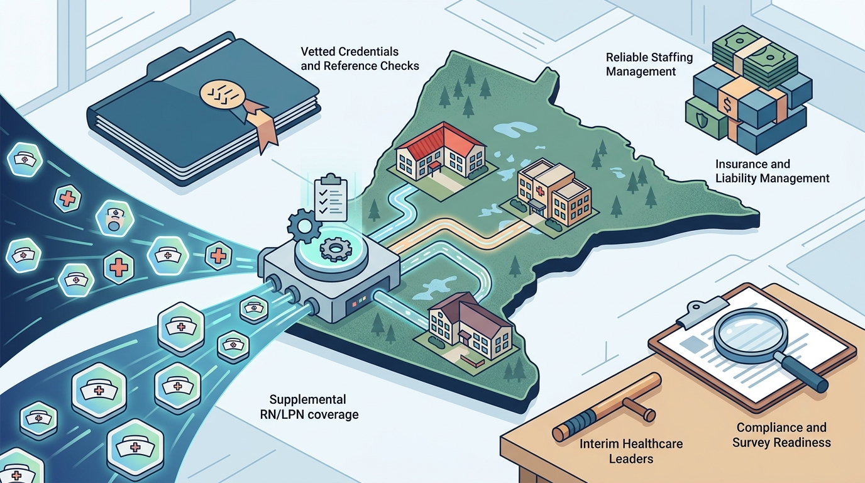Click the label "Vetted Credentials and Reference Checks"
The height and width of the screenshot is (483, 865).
point(360,58)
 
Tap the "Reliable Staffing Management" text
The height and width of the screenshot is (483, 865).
point(649,64)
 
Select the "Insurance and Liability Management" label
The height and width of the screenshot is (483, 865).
point(773,171)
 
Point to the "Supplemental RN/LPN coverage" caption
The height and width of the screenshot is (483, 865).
point(309,407)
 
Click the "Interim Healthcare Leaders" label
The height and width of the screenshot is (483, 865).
point(631,451)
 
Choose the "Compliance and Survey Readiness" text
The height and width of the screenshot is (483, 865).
point(781,435)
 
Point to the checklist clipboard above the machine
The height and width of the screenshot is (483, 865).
point(331,198)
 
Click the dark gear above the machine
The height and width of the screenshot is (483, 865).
point(305,226)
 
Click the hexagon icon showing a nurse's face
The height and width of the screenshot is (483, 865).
point(114,218)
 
